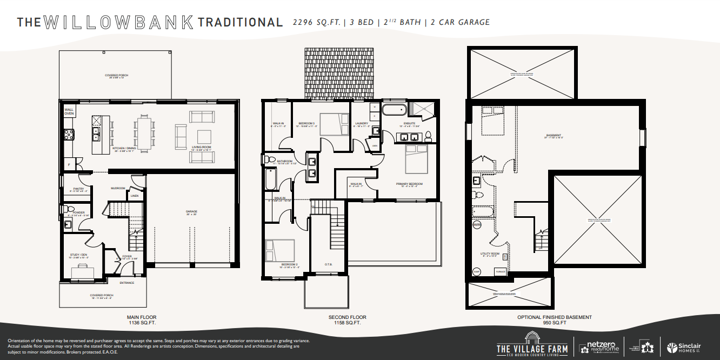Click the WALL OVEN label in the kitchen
point(69,111)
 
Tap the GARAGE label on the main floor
point(191,212)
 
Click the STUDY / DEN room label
point(78,255)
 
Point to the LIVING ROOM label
point(202,147)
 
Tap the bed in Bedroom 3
point(334,124)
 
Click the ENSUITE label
point(409,123)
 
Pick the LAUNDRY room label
point(362,123)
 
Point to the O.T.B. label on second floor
point(328,264)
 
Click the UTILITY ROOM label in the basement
point(490,253)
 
